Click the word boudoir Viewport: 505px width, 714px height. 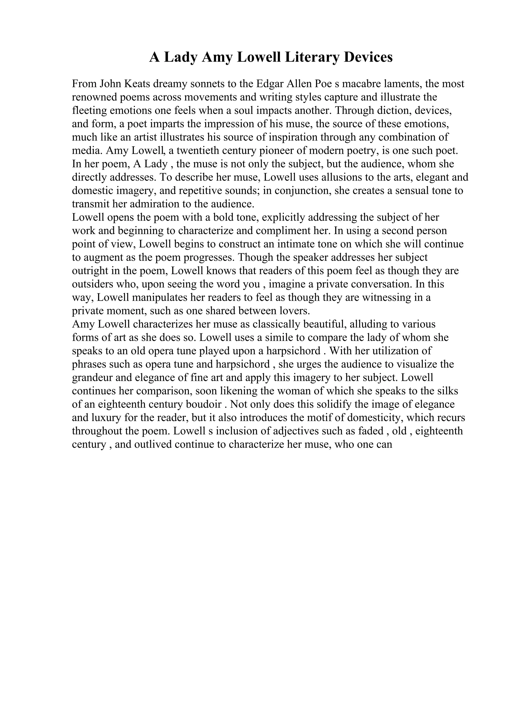(207, 405)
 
